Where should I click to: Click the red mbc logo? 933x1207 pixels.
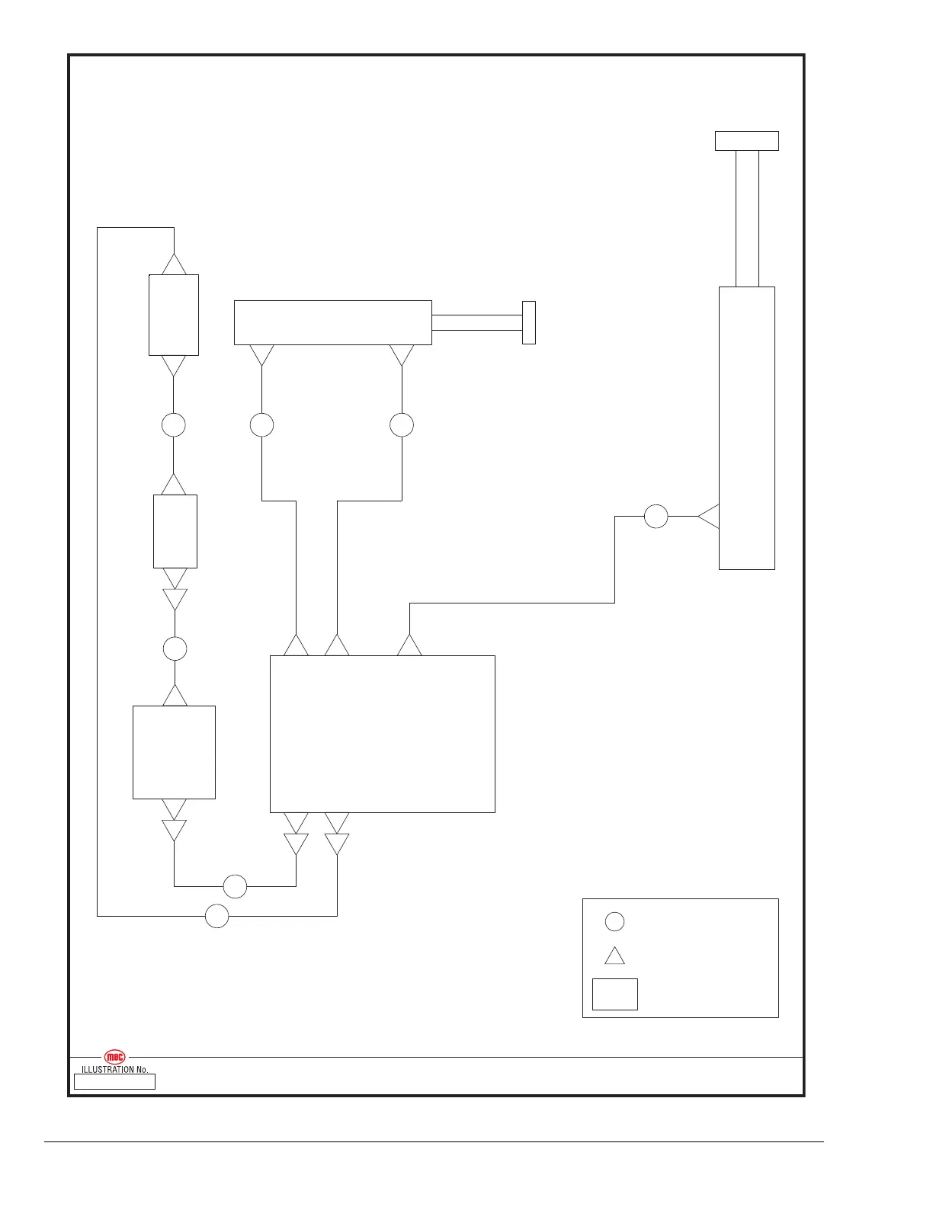click(114, 1057)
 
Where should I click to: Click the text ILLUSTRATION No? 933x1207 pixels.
click(114, 1069)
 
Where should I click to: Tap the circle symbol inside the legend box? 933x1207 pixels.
click(614, 921)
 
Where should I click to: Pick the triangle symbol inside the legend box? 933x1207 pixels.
click(614, 956)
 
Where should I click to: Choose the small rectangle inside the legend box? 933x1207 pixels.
click(614, 994)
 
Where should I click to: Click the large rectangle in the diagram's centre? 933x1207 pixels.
click(383, 734)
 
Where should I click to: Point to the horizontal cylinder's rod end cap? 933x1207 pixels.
click(529, 322)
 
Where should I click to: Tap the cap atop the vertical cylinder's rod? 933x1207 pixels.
click(747, 141)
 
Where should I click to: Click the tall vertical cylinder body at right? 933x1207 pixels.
click(747, 427)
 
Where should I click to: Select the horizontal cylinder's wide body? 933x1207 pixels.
click(332, 322)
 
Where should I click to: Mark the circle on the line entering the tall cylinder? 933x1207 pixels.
click(656, 517)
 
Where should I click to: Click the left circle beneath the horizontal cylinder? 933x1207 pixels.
click(261, 424)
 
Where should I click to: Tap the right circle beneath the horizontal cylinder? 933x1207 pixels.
click(402, 424)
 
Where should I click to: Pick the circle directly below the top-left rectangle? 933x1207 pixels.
click(174, 424)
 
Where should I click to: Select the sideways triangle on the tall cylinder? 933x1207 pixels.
click(710, 517)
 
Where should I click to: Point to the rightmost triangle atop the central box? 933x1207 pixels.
click(409, 646)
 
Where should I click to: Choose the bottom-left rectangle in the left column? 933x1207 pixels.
click(174, 752)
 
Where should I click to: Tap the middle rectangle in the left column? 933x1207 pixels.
click(175, 531)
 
